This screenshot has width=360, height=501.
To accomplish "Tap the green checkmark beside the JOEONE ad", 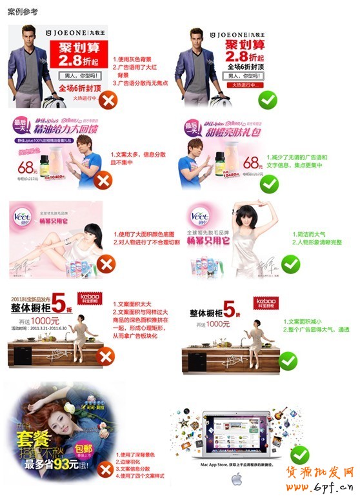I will (267, 99).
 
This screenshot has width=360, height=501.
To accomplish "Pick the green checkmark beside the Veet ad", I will (290, 264).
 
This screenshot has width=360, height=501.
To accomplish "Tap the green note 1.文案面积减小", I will (306, 320).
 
